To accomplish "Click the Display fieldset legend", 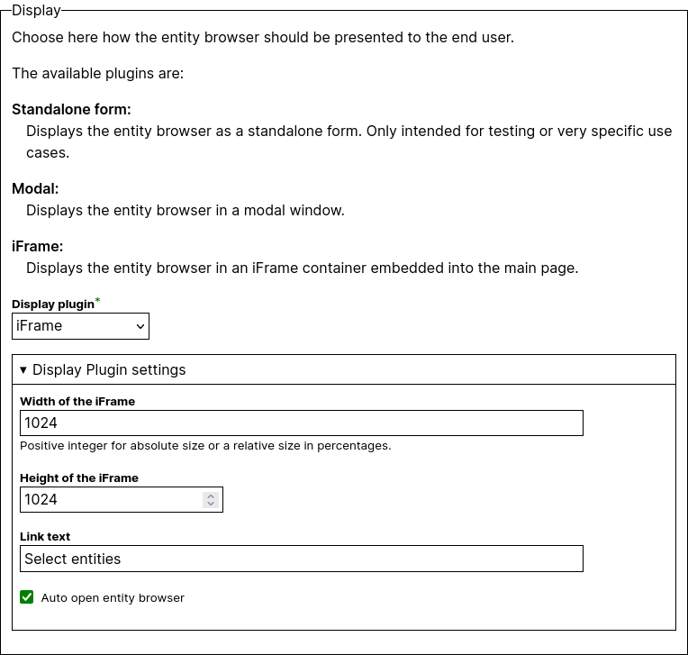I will click(36, 11).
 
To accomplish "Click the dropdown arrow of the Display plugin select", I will click(140, 326).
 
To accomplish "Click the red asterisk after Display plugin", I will click(98, 301).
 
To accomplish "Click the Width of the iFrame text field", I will click(301, 423).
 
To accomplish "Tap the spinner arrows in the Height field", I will click(211, 499).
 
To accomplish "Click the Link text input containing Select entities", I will click(301, 559).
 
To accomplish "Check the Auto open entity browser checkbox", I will click(27, 596).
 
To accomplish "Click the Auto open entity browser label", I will click(113, 597).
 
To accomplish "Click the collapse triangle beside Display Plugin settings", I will click(23, 369).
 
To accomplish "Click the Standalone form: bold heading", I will click(71, 110).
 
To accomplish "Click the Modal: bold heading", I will click(35, 189).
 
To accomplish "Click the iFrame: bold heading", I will click(38, 247).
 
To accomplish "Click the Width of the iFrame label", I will click(77, 402).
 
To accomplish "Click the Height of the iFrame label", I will click(79, 478).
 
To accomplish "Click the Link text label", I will click(45, 537).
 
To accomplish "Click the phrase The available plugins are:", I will click(97, 74).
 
